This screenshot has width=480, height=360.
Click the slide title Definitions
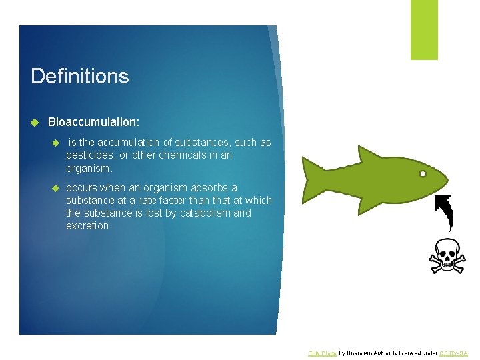click(79, 76)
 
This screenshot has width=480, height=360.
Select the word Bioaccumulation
click(93, 123)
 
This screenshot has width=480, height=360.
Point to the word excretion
click(89, 226)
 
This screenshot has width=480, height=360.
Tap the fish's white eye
click(423, 175)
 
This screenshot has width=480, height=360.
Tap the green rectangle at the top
click(424, 29)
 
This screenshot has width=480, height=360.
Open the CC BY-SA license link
click(454, 353)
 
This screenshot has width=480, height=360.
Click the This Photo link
click(323, 353)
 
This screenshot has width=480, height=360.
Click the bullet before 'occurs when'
click(57, 188)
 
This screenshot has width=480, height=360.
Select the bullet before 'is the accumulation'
click(57, 143)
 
